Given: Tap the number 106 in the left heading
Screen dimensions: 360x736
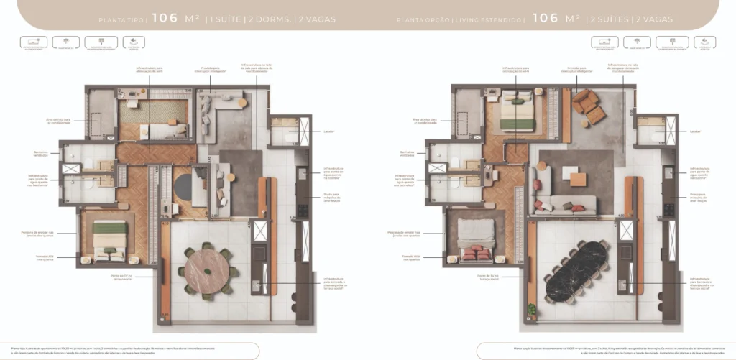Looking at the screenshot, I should [x=165, y=19].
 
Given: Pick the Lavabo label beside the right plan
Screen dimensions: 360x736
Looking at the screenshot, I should [x=694, y=131].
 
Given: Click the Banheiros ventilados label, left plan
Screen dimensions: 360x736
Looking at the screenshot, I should [x=41, y=153].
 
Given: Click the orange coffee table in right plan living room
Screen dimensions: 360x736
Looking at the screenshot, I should [x=578, y=179].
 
